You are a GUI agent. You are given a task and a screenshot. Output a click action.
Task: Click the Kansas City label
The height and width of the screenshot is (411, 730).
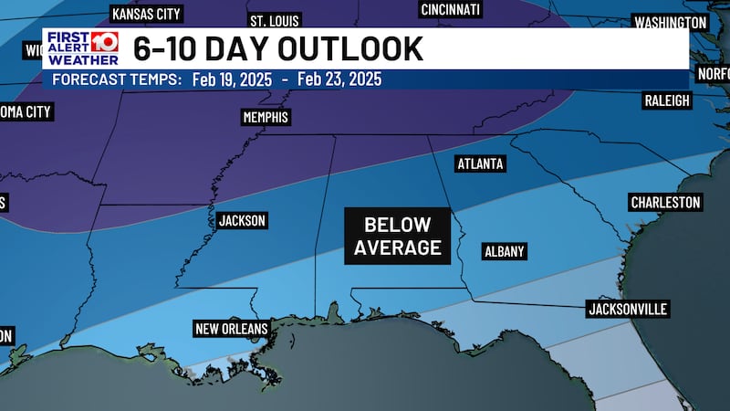point(146,15)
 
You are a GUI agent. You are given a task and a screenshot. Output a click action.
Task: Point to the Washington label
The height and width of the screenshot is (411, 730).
point(671,22)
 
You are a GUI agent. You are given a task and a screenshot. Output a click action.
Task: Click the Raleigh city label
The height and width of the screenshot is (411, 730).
point(667,100)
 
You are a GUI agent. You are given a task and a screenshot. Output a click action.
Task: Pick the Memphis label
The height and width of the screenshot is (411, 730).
point(266,118)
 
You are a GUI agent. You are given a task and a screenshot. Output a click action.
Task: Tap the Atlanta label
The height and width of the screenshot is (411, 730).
point(479,163)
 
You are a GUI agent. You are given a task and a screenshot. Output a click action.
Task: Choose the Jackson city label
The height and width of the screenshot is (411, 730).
point(242,221)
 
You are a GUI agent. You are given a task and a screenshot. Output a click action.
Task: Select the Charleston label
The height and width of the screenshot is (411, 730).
point(665,202)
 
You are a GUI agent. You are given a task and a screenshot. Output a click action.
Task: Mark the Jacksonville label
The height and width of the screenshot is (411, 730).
point(628,310)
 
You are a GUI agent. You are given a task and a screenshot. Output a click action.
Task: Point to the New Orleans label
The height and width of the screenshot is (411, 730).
point(231,329)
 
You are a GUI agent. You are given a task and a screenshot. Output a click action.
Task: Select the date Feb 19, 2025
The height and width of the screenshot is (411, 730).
point(232,79)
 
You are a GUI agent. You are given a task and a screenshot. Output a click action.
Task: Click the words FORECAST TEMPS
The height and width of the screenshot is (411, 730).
point(116,79)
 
